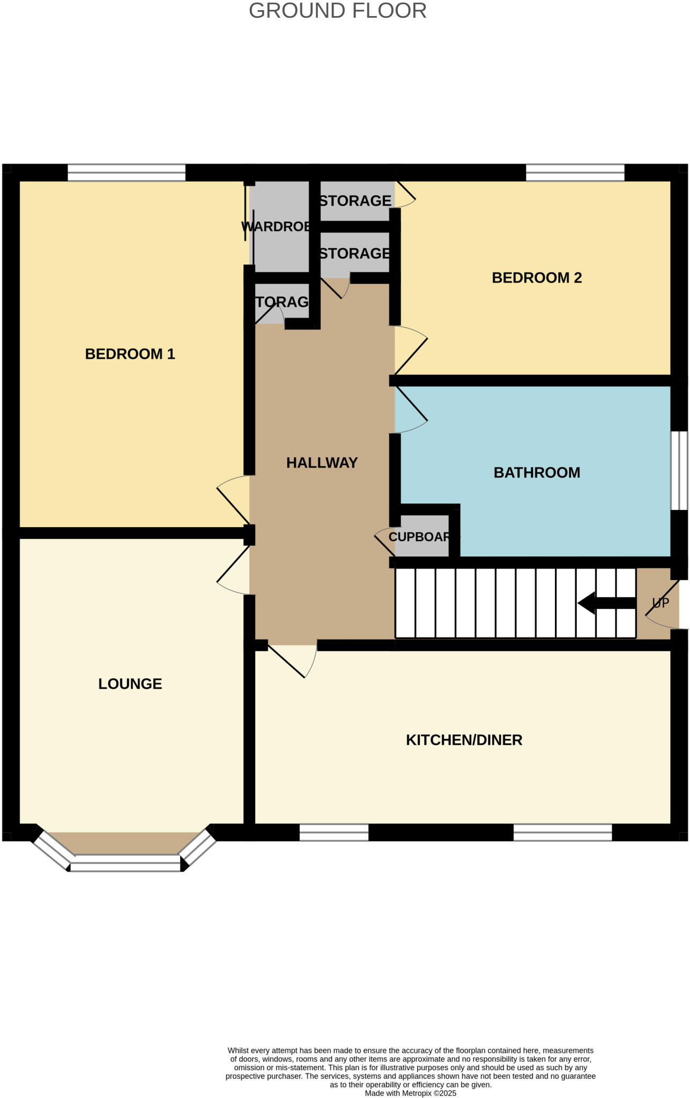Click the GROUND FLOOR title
click(x=337, y=11)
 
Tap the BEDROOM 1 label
click(x=130, y=354)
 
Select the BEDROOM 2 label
click(x=536, y=278)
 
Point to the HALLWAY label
click(x=322, y=463)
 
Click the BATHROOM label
click(x=536, y=472)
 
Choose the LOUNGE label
click(x=130, y=684)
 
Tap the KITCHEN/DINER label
click(x=464, y=740)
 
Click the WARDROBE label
click(x=276, y=226)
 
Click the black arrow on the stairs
click(x=606, y=603)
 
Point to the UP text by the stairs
click(x=661, y=603)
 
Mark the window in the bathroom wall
click(x=679, y=471)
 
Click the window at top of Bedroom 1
click(x=127, y=173)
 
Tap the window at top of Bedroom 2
click(x=575, y=173)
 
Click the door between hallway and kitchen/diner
click(x=292, y=661)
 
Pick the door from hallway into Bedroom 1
click(x=233, y=501)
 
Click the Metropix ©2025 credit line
click(x=410, y=1093)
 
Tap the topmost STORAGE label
click(x=355, y=201)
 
